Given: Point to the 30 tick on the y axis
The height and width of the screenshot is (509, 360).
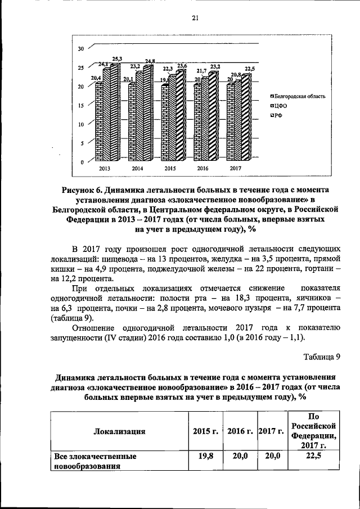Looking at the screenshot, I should pyautogui.click(x=81, y=49).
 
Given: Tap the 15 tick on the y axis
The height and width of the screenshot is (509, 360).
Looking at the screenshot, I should pyautogui.click(x=81, y=105).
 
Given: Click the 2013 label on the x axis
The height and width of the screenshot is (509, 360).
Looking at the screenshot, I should pyautogui.click(x=105, y=168).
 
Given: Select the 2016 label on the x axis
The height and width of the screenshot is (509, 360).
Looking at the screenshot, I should pyautogui.click(x=202, y=168).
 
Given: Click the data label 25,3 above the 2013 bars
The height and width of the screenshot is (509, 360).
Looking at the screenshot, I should pyautogui.click(x=117, y=58).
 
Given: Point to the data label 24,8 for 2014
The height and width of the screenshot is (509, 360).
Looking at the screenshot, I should pyautogui.click(x=150, y=61).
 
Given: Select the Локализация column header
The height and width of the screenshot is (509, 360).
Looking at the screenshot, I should pyautogui.click(x=118, y=431).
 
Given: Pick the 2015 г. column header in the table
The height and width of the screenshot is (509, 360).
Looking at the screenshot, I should pyautogui.click(x=205, y=431).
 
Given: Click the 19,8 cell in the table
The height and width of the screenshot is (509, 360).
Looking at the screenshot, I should pyautogui.click(x=205, y=457).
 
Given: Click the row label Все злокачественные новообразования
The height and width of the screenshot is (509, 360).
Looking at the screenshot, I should pyautogui.click(x=94, y=462).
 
